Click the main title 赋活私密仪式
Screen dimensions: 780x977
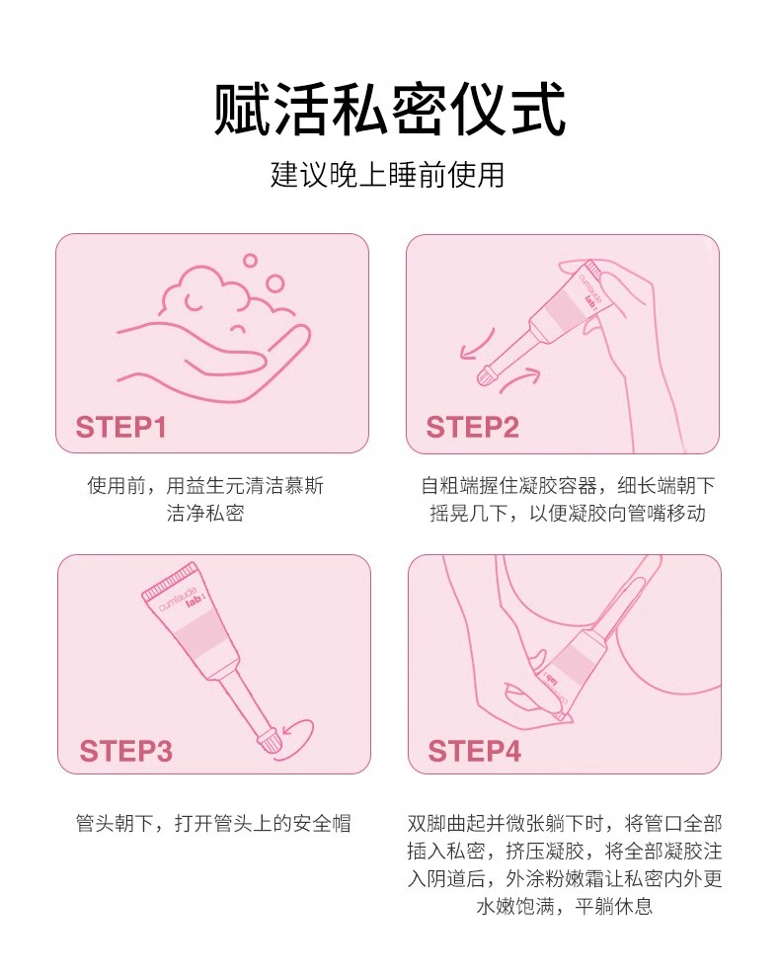(389, 110)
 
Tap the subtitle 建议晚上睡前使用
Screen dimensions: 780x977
(387, 175)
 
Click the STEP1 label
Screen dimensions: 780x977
(120, 428)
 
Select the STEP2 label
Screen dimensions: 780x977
(472, 428)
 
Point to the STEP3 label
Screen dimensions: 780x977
(125, 751)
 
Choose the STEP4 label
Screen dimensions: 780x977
(474, 751)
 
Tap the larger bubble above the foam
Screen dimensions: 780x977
(274, 284)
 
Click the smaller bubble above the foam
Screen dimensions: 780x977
(250, 261)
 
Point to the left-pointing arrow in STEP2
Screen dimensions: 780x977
(476, 346)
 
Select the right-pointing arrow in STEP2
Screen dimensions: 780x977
(520, 379)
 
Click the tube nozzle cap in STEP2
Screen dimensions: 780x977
(486, 375)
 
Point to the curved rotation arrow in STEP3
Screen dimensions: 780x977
(298, 738)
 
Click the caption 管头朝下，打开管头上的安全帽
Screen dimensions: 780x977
(213, 823)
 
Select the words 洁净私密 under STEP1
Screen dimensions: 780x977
(205, 513)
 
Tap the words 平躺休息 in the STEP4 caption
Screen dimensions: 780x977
(613, 905)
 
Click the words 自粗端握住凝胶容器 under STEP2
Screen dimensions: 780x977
(509, 485)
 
